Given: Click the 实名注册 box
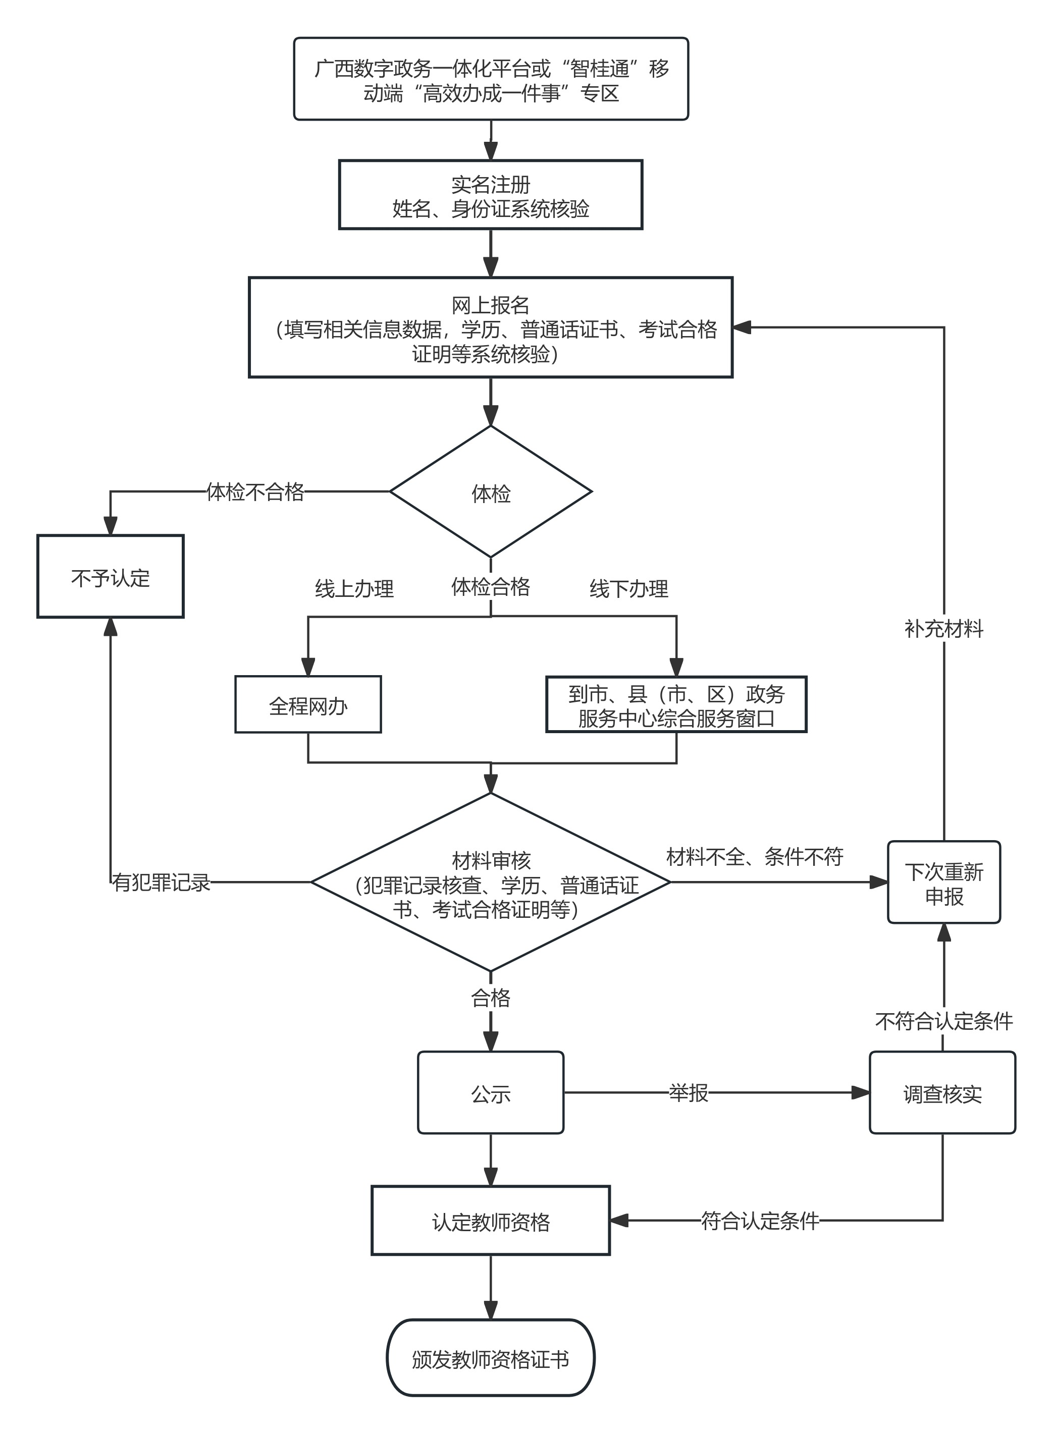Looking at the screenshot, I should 490,195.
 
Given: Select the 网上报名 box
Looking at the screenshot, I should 490,327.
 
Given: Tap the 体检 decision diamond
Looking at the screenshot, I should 490,492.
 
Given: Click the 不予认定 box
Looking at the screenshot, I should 110,577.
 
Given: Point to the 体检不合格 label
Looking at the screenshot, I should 255,492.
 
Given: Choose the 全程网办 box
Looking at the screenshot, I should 308,705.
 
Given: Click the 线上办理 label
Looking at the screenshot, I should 354,588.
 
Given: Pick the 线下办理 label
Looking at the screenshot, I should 628,588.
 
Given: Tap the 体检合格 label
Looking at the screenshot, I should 490,586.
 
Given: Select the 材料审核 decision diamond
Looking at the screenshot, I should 490,883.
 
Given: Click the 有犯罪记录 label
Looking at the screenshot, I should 161,883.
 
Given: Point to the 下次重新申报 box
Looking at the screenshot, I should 943,883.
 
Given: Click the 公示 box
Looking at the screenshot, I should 490,1093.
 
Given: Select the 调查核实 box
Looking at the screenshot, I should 942,1093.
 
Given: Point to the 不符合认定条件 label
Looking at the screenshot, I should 943,1021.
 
